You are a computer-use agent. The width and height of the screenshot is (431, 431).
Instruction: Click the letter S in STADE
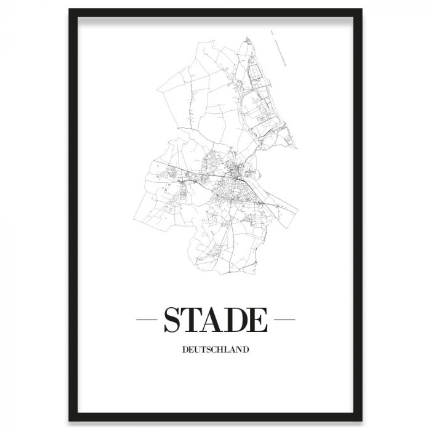[172, 321]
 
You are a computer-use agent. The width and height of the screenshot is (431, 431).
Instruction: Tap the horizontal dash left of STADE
[147, 321]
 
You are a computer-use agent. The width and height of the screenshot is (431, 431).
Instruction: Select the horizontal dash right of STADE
[284, 321]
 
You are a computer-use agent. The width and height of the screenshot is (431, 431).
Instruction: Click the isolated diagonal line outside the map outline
[281, 46]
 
